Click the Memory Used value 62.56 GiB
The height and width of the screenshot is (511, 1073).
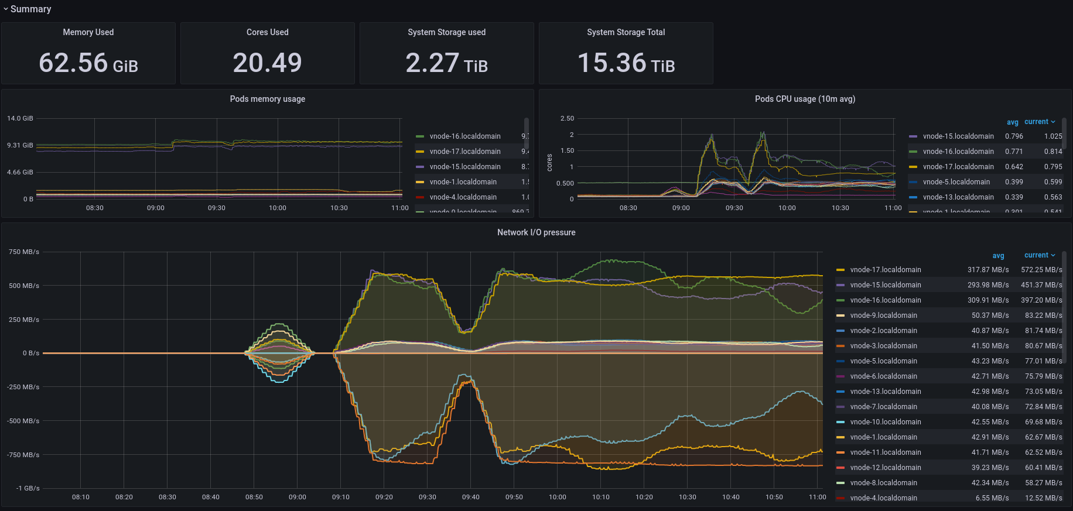pos(88,63)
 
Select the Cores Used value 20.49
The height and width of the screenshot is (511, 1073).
pos(267,63)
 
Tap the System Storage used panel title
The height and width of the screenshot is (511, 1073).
pos(446,32)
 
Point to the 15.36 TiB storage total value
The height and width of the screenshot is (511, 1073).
pos(626,63)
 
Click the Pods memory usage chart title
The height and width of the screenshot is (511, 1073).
pos(267,99)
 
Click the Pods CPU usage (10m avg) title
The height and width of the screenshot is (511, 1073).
pos(805,99)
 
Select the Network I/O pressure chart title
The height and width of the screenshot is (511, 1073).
pos(536,232)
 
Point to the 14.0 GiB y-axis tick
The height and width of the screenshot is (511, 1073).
pos(20,118)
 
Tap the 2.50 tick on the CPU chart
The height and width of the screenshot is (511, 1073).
pos(567,118)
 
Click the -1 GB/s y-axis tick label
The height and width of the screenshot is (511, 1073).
pos(28,488)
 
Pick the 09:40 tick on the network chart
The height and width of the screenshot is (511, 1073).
pos(470,497)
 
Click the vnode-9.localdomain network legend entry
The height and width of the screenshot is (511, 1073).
pos(883,315)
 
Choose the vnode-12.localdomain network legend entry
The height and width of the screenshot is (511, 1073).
pos(885,468)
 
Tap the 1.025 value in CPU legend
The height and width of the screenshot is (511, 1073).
pos(1053,136)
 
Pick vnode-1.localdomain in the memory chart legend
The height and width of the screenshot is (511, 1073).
pos(463,182)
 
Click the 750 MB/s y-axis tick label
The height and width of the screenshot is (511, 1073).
pos(24,252)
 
